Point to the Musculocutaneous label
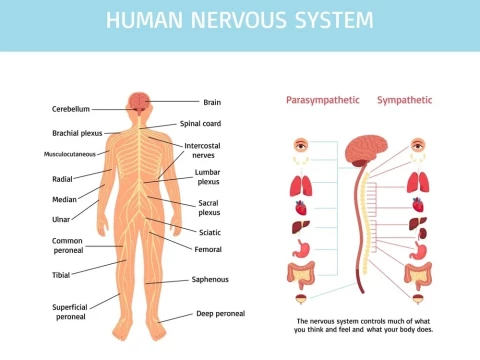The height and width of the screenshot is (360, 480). click(70, 154)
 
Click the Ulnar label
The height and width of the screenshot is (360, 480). click(62, 218)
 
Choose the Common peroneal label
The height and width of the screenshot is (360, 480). click(68, 246)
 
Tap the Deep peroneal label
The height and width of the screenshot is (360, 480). click(218, 313)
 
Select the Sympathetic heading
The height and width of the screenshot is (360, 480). click(406, 101)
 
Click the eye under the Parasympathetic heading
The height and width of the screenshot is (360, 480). click(300, 146)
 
